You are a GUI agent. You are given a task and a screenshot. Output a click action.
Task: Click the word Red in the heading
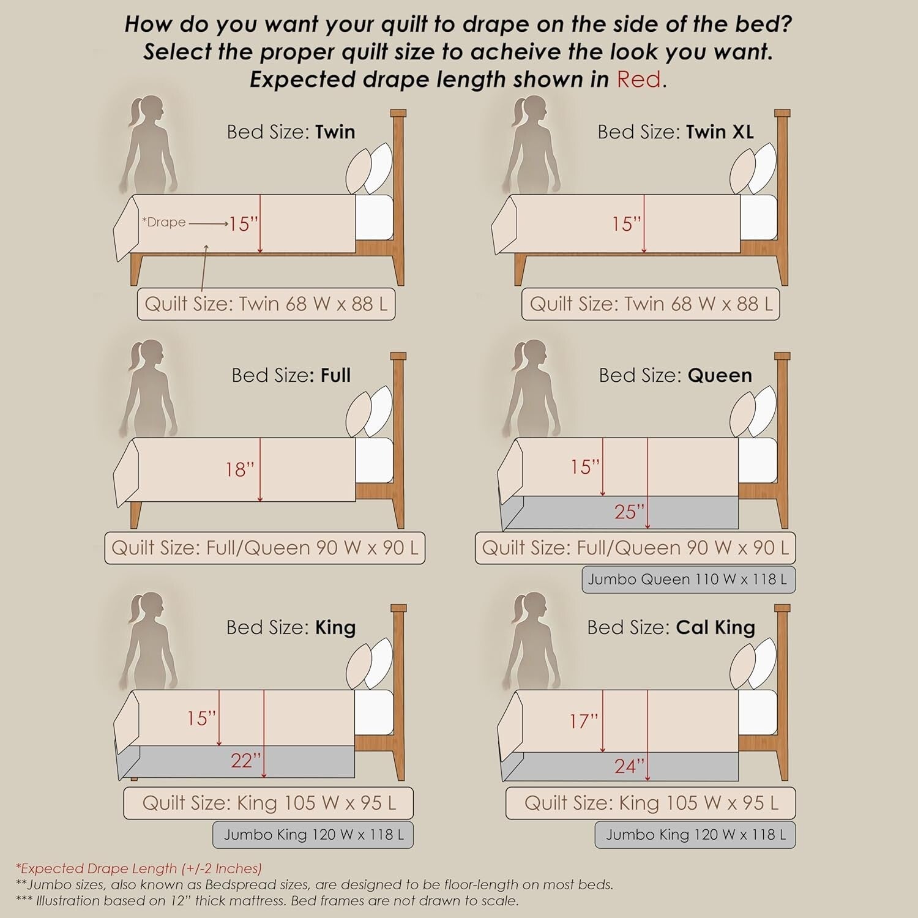pos(638,80)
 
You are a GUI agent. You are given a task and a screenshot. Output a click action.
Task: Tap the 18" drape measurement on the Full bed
pos(240,469)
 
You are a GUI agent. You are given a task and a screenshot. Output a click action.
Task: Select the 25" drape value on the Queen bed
pos(630,512)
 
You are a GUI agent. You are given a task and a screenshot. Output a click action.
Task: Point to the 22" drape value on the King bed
pos(246,761)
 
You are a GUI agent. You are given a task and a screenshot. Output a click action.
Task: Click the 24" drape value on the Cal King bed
pos(630,766)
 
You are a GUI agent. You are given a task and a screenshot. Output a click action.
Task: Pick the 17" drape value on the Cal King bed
pos(584,721)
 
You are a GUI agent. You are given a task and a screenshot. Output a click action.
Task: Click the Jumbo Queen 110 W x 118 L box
pos(688,580)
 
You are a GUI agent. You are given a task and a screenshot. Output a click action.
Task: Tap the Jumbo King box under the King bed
pos(313,835)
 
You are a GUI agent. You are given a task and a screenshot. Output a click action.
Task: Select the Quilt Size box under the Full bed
pos(264,548)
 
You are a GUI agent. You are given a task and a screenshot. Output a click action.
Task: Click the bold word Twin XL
pos(720,132)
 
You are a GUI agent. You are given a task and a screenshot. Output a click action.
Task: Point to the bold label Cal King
pos(715,627)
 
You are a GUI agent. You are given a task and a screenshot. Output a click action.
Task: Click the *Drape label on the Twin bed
pos(163,222)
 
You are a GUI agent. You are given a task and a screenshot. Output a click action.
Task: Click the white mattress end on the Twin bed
pos(374,217)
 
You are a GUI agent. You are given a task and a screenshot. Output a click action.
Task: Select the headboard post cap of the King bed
pos(398,608)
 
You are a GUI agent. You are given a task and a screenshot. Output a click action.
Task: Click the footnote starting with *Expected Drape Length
pos(139,868)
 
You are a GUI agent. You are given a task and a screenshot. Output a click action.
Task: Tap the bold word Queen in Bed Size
pos(720,375)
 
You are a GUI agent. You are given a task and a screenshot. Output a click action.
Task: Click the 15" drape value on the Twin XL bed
pos(627,224)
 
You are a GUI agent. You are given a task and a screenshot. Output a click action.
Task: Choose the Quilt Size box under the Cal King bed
pos(651,803)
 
